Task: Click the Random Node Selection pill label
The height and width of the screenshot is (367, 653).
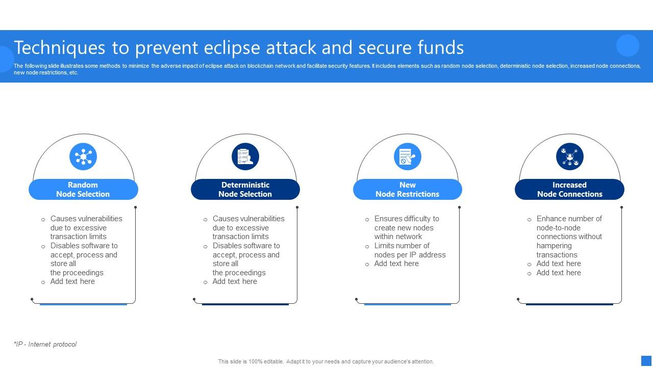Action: click(x=83, y=189)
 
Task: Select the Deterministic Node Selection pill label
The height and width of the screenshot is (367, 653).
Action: click(x=245, y=189)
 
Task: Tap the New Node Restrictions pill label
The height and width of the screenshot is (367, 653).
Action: click(x=408, y=189)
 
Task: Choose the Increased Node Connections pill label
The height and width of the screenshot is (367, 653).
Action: click(x=570, y=189)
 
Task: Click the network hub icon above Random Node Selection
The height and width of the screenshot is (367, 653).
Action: click(x=83, y=156)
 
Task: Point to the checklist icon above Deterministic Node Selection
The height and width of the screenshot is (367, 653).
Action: click(x=245, y=156)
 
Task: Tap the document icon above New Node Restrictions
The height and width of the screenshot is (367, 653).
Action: click(x=408, y=156)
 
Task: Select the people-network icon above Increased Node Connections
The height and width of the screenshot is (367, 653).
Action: click(x=570, y=156)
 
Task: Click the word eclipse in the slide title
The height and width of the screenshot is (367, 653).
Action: click(x=232, y=48)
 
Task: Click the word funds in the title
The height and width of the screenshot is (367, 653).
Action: click(x=440, y=47)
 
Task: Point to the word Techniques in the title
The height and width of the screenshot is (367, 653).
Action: click(x=60, y=48)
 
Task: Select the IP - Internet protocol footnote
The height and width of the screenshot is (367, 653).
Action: click(x=45, y=344)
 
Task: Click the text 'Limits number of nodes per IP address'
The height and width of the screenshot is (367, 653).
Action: click(x=410, y=250)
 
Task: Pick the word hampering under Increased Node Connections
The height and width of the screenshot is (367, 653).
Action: click(x=554, y=246)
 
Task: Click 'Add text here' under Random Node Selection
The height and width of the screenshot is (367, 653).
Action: click(x=72, y=281)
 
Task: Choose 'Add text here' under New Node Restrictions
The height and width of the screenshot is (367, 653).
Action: click(x=396, y=264)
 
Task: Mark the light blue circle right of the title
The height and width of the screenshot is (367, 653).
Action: click(x=627, y=45)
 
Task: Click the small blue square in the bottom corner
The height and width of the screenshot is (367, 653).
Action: click(x=646, y=360)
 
